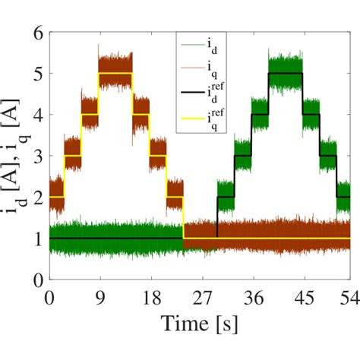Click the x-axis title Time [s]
click(200, 325)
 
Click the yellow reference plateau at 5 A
click(115, 74)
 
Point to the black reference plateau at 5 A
click(286, 74)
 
